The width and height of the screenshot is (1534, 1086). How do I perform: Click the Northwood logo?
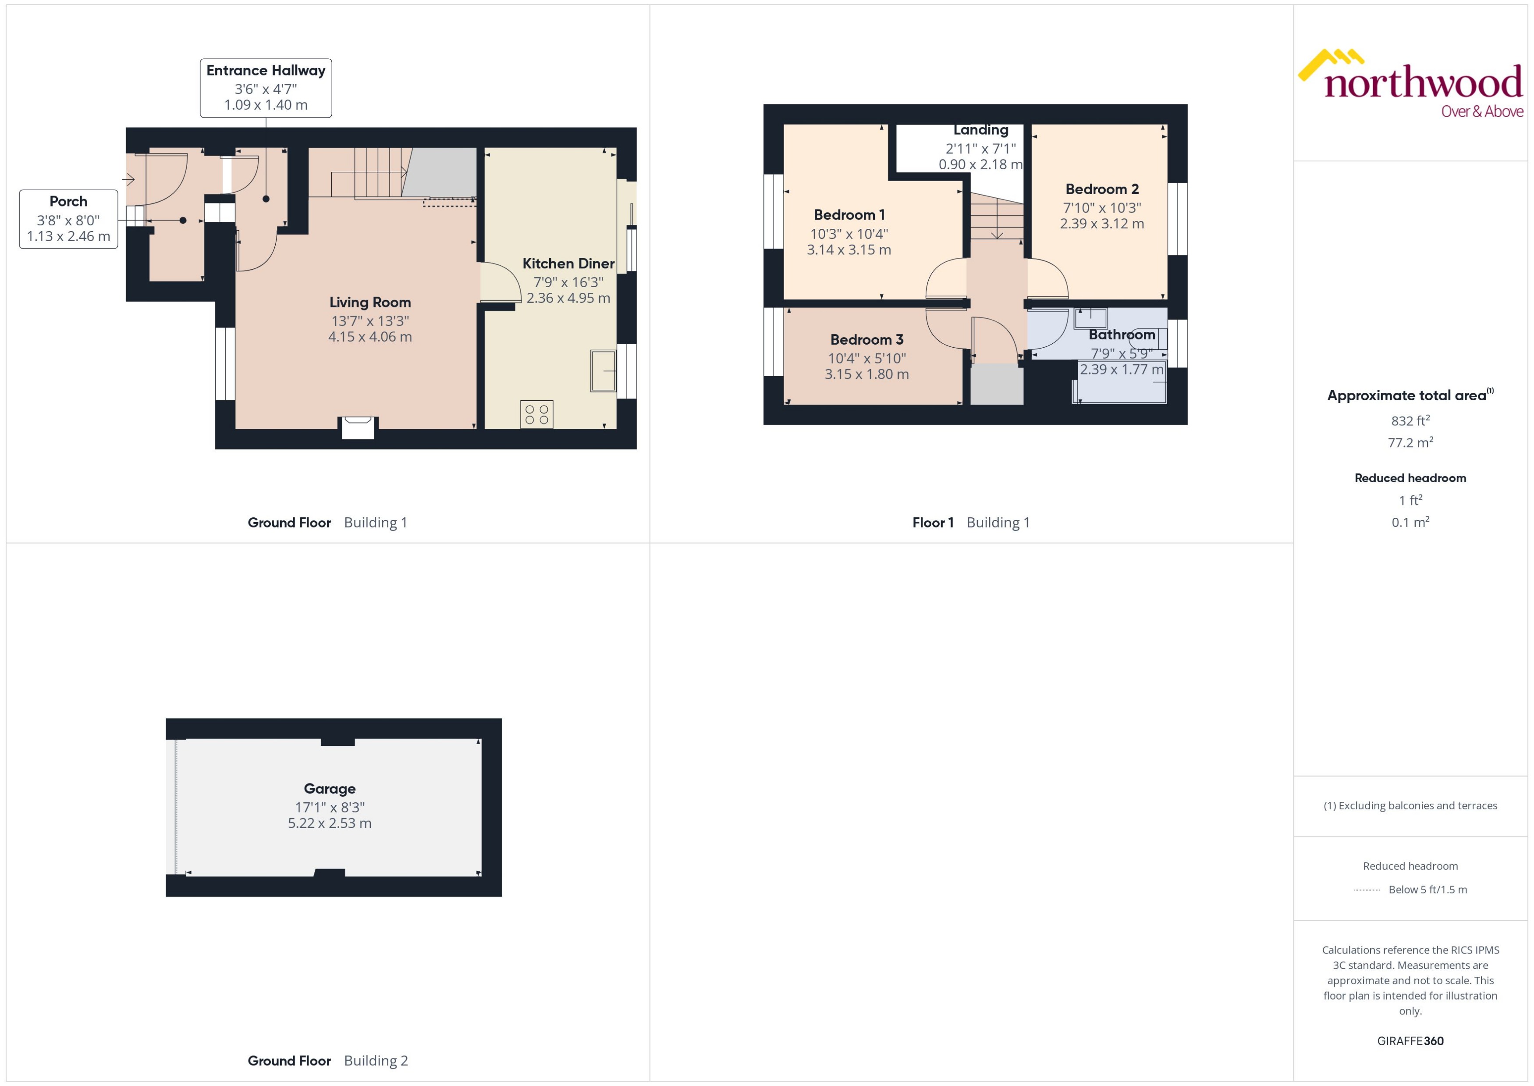tap(1410, 84)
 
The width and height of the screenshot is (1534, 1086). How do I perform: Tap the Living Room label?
tap(369, 302)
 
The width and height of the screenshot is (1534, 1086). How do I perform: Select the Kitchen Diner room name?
tap(568, 263)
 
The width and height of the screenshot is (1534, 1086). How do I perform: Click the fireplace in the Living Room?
tap(358, 427)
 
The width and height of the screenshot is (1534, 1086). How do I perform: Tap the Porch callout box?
tap(68, 219)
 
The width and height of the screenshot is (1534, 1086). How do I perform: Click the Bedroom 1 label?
tap(849, 215)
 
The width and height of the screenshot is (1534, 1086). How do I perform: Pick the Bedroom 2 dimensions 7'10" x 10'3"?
tap(1101, 208)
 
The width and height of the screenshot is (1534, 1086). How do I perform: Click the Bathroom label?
tap(1122, 335)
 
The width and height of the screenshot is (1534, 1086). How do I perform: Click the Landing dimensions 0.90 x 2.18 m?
tap(980, 164)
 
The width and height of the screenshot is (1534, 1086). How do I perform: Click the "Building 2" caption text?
tap(376, 1061)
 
